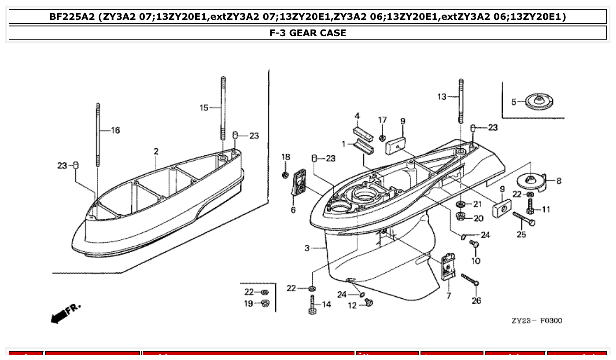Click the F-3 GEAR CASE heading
[x=308, y=33]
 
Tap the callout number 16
[x=115, y=130]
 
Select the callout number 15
[x=204, y=107]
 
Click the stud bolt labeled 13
[x=461, y=101]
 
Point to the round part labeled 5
[x=538, y=102]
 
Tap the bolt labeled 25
[x=524, y=219]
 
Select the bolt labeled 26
[x=470, y=279]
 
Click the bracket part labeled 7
[x=448, y=266]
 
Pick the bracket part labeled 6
[x=298, y=183]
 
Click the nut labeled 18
[x=286, y=175]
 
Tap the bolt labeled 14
[x=313, y=304]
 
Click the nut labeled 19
[x=265, y=303]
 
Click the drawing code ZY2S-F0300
[x=536, y=320]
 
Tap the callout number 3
[x=307, y=248]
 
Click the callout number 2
[x=156, y=151]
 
